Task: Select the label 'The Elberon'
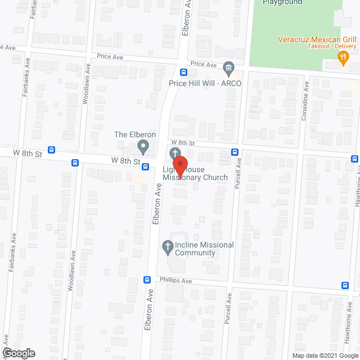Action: [135, 135]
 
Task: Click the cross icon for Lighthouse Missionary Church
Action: [175, 153]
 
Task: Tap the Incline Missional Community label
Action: [195, 249]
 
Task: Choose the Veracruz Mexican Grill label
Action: [317, 39]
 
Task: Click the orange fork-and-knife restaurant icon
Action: [342, 56]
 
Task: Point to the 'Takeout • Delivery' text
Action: [332, 46]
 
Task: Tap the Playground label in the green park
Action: [282, 2]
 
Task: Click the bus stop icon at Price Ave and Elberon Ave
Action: [184, 72]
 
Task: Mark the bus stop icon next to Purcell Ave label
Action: [235, 152]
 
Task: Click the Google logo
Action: [18, 353]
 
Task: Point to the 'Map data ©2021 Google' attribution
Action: [325, 355]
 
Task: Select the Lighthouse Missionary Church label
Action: [196, 173]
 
